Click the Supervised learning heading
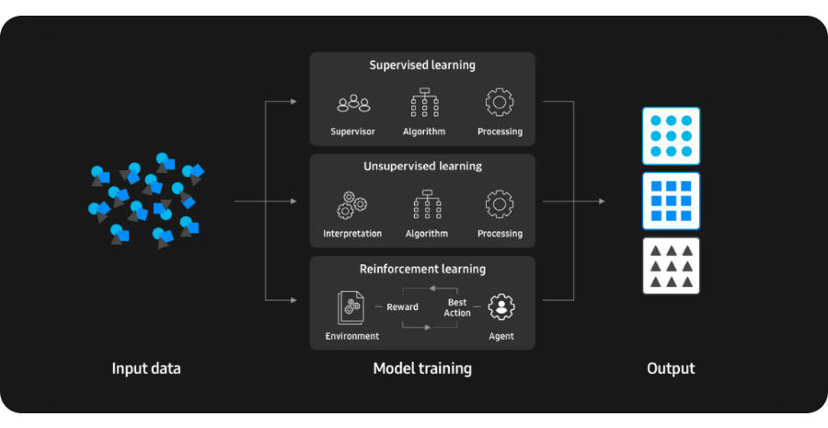coord(422,65)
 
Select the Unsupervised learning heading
coord(422,167)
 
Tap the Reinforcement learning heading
coord(422,269)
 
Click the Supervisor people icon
coord(353,103)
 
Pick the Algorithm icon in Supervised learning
coord(424,102)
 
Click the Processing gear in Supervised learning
coord(500,102)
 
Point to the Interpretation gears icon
coord(352,204)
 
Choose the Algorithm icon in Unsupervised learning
coord(427,204)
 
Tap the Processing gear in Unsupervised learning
coord(500,203)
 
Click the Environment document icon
coord(351,307)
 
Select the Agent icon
coord(501,307)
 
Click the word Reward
coord(402,307)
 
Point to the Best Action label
coord(457,307)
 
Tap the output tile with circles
coord(671,135)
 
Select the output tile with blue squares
coord(671,200)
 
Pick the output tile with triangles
coord(671,265)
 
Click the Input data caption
coord(146,369)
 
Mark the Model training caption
coord(422,369)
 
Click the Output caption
coord(671,369)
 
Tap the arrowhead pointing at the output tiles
coord(603,201)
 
